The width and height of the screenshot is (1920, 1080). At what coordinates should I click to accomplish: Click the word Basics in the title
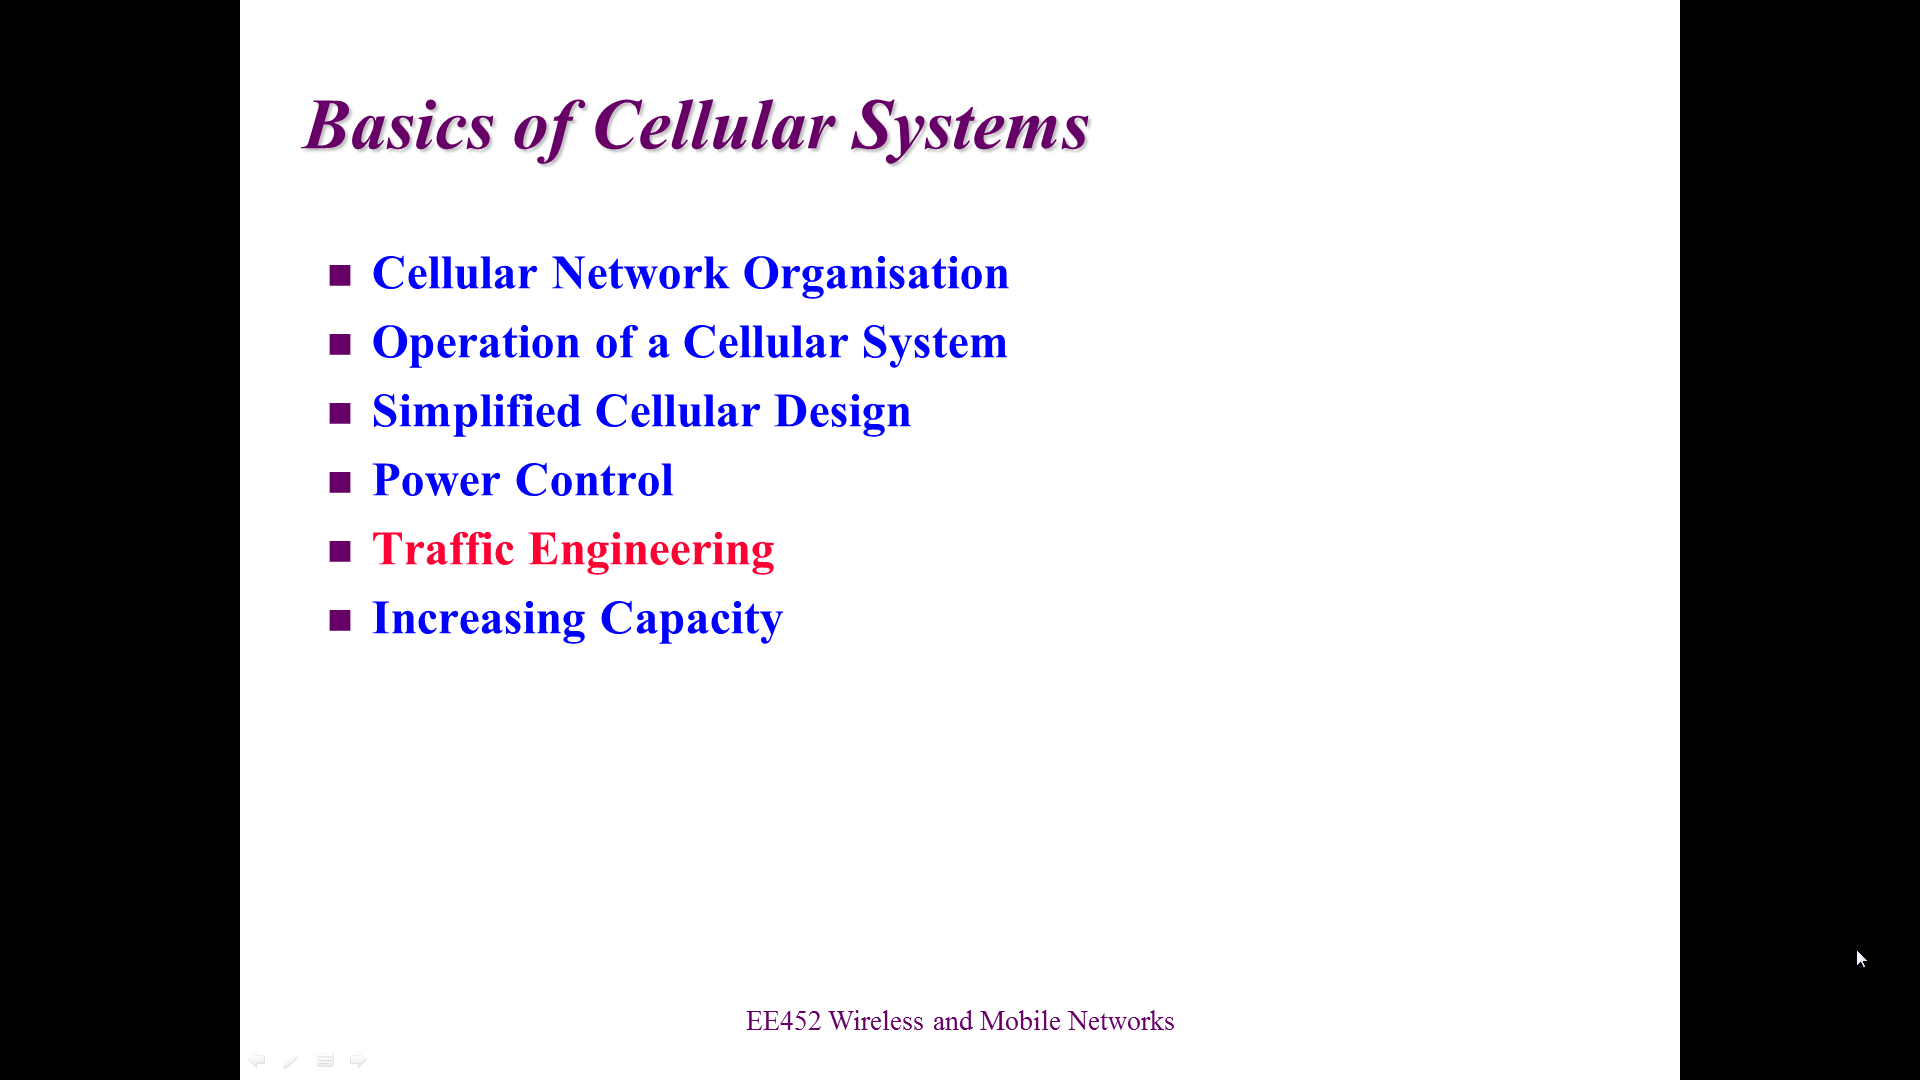(x=399, y=126)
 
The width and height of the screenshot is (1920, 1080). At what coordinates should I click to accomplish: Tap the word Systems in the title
(x=970, y=128)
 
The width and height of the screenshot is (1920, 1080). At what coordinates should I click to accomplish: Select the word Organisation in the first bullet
(x=876, y=273)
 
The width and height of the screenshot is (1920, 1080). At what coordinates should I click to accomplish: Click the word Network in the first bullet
(x=640, y=273)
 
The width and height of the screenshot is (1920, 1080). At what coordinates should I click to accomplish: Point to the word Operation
(x=476, y=343)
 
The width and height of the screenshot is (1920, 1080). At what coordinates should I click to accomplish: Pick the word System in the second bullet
(x=935, y=343)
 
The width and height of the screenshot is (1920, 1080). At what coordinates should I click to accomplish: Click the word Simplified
(x=476, y=411)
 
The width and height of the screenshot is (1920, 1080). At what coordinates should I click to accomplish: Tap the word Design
(x=843, y=411)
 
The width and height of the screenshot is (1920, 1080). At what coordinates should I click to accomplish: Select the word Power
(x=436, y=480)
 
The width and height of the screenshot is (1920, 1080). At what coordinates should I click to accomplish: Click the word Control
(x=594, y=480)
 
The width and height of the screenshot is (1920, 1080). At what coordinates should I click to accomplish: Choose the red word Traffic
(x=443, y=549)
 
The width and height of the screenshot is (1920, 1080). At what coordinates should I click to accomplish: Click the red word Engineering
(x=651, y=550)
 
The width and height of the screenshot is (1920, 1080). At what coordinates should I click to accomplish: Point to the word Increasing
(x=479, y=619)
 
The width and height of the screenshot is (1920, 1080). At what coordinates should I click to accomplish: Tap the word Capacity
(x=691, y=619)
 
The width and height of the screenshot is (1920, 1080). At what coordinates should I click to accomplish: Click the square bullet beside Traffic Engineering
(x=340, y=551)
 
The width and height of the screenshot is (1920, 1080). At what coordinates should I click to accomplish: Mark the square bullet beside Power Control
(x=340, y=482)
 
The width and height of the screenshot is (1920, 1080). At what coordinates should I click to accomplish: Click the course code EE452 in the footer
(x=783, y=1021)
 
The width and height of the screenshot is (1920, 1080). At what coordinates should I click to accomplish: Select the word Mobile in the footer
(x=1020, y=1021)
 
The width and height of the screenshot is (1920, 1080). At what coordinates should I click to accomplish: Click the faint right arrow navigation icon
(x=358, y=1060)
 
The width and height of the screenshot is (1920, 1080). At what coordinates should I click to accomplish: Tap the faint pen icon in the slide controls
(x=291, y=1060)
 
